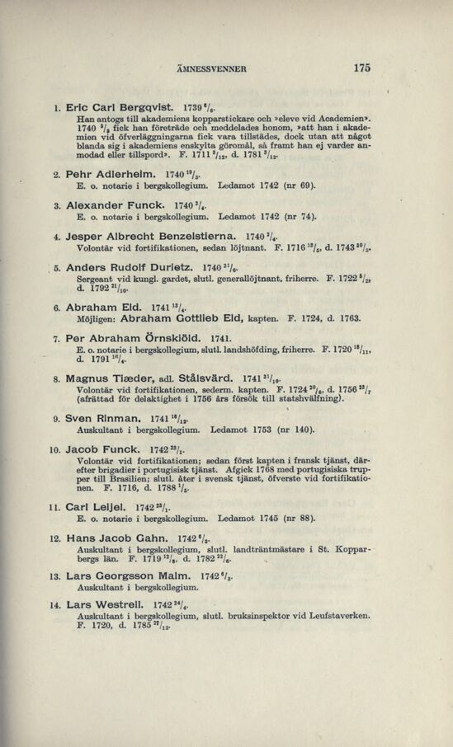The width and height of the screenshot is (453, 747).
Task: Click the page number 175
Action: coord(361,69)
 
